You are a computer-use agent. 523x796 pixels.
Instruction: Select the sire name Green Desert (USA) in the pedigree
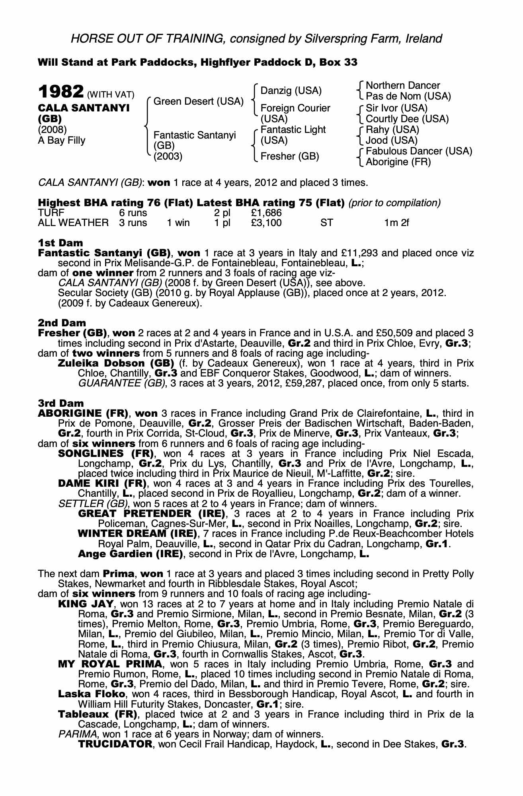(x=198, y=101)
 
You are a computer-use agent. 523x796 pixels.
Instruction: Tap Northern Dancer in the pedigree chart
(x=403, y=86)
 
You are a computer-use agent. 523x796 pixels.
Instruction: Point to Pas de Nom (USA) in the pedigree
(x=408, y=96)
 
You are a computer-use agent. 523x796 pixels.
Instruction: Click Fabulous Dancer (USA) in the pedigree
(x=419, y=151)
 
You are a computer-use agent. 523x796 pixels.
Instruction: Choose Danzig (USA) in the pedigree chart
(x=291, y=91)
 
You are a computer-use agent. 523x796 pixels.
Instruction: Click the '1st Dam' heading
(x=60, y=243)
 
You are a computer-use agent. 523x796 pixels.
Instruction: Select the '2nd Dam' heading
(x=62, y=323)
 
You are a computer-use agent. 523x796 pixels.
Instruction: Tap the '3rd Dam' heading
(x=61, y=403)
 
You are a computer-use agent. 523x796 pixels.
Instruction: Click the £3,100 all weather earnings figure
(x=266, y=223)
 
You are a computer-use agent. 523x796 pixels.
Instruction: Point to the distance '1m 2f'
(x=396, y=223)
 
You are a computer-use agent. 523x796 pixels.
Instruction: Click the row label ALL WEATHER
(x=73, y=223)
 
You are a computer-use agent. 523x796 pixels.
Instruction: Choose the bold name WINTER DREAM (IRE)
(x=138, y=533)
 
